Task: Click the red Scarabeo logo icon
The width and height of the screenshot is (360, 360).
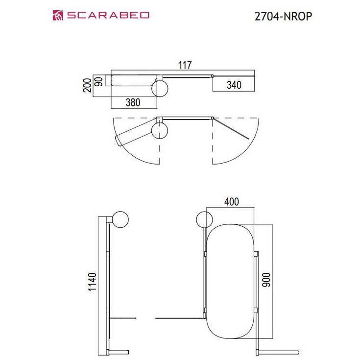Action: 58,15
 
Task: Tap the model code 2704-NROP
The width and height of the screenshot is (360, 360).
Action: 282,16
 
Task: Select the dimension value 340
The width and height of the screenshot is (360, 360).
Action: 234,85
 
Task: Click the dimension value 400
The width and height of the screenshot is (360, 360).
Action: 231,201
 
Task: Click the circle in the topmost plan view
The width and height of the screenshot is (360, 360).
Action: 160,88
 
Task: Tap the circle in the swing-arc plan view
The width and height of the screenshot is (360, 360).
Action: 160,131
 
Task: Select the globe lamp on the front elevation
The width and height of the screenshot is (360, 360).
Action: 204,220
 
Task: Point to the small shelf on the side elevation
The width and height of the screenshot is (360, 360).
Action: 122,318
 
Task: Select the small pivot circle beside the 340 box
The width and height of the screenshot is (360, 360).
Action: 213,76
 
